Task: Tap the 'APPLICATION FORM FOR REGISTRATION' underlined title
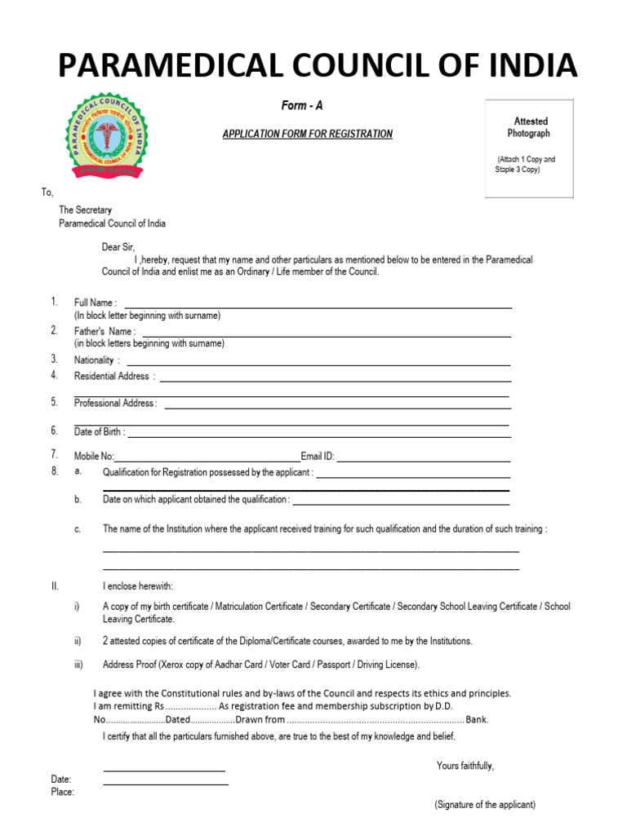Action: tap(308, 134)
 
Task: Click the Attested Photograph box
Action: tap(530, 148)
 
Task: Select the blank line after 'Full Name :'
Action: tap(318, 307)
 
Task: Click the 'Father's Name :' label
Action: tap(104, 332)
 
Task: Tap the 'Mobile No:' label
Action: tap(95, 457)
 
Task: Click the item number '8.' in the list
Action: tap(55, 471)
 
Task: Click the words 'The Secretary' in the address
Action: tap(85, 210)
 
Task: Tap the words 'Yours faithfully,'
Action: tap(465, 766)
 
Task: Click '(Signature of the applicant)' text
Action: tap(485, 805)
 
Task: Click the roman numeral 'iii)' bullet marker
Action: tap(78, 665)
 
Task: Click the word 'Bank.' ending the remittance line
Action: tap(477, 720)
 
